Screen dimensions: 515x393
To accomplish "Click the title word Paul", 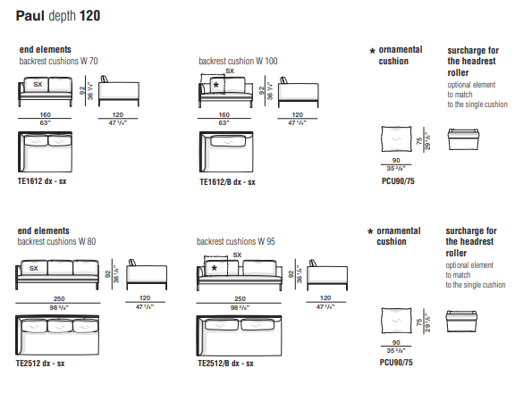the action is (x=30, y=16).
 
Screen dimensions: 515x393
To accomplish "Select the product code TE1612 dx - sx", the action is (x=42, y=181).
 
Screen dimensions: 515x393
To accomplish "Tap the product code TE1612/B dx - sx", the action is (x=227, y=182).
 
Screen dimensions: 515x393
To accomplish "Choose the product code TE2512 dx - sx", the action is (x=40, y=364).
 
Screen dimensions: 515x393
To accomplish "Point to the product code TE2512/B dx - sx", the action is (x=225, y=364).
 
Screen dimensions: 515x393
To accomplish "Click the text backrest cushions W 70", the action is (x=58, y=61).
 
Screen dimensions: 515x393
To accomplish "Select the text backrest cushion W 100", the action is (x=238, y=61).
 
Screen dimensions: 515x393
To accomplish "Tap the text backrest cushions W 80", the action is (x=56, y=242).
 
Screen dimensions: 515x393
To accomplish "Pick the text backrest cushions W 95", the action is (x=236, y=242).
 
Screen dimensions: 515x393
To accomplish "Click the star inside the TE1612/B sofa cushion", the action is (x=215, y=85).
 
